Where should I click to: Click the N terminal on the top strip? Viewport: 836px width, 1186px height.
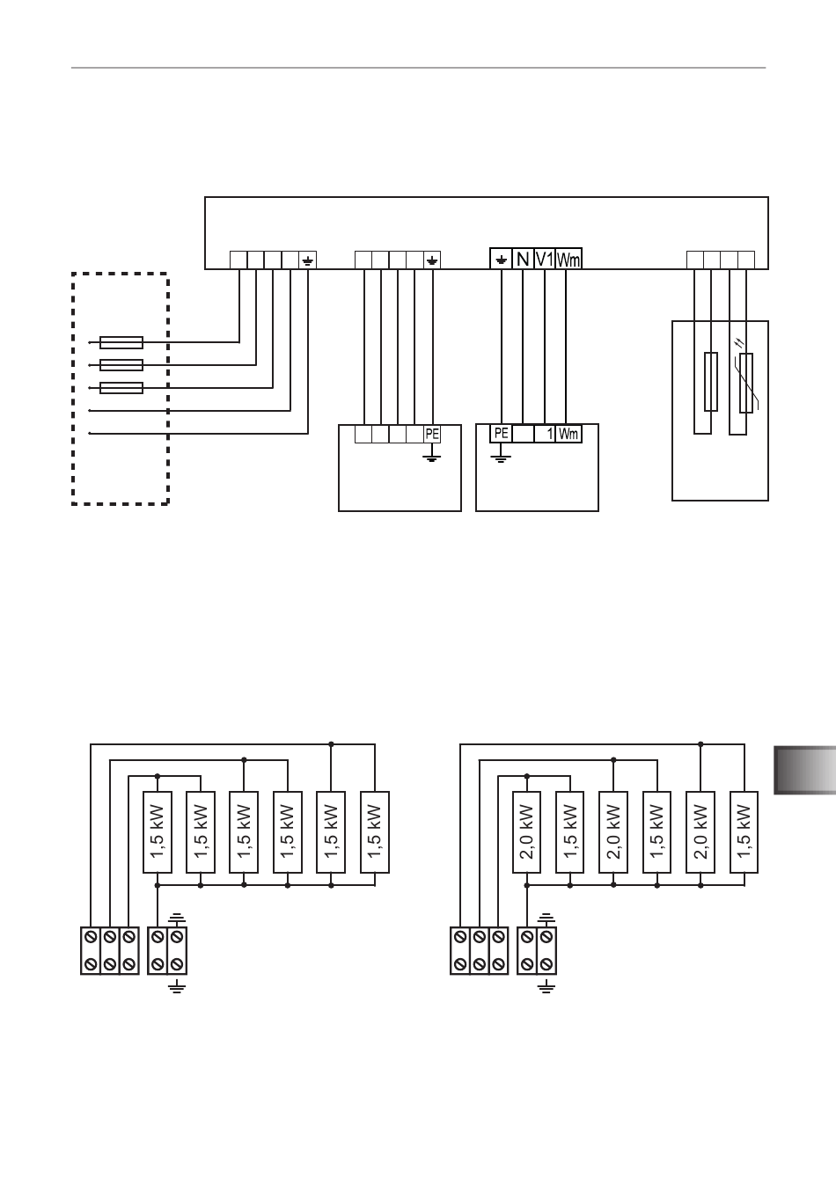point(523,259)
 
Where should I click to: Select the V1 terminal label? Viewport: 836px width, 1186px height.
point(544,259)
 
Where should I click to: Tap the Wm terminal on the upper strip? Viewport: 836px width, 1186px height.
point(568,259)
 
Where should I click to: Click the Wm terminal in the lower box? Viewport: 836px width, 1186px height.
point(568,434)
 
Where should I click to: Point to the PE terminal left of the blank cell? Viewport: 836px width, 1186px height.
point(501,434)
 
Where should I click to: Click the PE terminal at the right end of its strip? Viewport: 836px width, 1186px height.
point(432,434)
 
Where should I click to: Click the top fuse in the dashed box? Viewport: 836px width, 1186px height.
point(121,342)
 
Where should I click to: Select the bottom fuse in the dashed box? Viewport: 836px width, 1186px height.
point(121,388)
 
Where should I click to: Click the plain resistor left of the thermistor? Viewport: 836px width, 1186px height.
point(711,382)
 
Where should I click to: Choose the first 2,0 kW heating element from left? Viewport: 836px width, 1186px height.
point(527,831)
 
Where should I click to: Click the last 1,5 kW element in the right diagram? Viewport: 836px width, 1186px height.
point(744,831)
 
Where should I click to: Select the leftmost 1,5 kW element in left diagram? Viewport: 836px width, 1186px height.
point(158,831)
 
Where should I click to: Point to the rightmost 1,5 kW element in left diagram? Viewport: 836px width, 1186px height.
point(375,831)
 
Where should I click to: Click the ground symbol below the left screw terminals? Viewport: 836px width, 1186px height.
point(177,987)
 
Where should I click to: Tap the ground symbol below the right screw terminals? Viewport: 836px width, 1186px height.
point(546,987)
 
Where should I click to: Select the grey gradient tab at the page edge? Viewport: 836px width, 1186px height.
point(805,771)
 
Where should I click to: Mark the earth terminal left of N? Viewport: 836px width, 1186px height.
point(501,259)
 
